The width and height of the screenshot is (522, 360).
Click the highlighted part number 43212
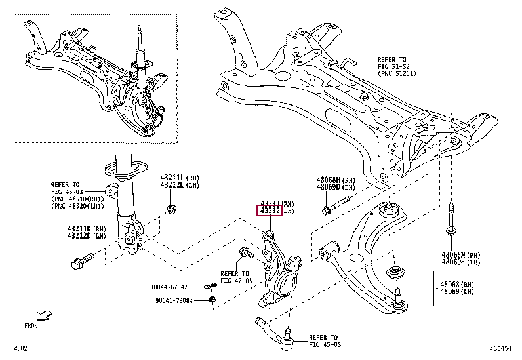[x=270, y=211]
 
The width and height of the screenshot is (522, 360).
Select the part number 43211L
[x=172, y=178]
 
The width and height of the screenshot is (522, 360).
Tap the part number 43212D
[x=78, y=237]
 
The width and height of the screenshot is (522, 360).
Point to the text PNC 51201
[x=397, y=74]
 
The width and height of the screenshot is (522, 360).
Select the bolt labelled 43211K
[x=78, y=264]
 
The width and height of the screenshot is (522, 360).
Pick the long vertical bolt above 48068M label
[x=451, y=217]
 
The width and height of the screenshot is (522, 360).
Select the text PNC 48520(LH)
[x=76, y=207]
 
